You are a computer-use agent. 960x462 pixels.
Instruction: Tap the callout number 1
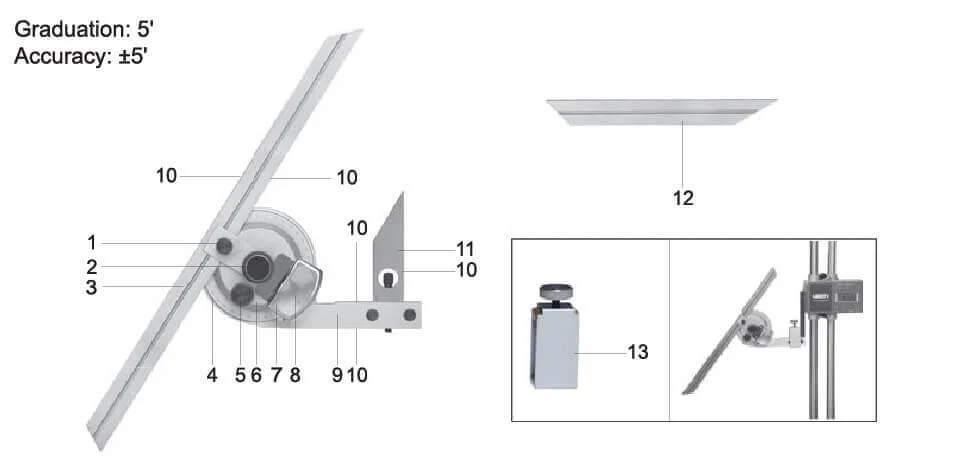click(x=91, y=242)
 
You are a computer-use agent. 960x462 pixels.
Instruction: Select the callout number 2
click(x=91, y=267)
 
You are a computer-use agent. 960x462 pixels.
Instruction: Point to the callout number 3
click(x=91, y=288)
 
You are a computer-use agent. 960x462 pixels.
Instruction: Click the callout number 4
click(x=212, y=376)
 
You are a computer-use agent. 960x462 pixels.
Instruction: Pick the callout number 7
click(x=275, y=376)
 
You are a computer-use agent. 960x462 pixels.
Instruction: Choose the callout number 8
click(x=295, y=376)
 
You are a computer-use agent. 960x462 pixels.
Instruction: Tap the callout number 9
click(x=337, y=376)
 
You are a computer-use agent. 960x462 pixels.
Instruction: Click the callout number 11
click(x=466, y=246)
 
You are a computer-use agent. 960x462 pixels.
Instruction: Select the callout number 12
click(x=683, y=198)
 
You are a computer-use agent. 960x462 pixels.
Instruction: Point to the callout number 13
click(x=639, y=352)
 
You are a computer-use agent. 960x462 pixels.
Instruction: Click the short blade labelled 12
click(x=661, y=109)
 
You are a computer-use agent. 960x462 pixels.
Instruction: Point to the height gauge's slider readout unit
click(x=832, y=293)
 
